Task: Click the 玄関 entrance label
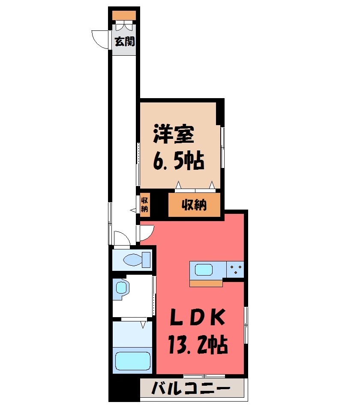(x=125, y=41)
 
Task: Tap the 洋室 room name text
(x=174, y=134)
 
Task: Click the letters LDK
(x=197, y=317)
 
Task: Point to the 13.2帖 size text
(x=198, y=345)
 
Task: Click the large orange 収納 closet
(x=194, y=205)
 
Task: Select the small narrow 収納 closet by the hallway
(x=144, y=204)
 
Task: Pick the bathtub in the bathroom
(x=133, y=361)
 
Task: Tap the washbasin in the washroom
(x=122, y=288)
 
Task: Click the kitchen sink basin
(x=204, y=270)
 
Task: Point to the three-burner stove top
(x=235, y=270)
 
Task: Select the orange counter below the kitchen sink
(x=206, y=283)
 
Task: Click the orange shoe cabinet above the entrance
(x=124, y=15)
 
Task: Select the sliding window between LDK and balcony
(x=204, y=376)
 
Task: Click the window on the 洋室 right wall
(x=222, y=147)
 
